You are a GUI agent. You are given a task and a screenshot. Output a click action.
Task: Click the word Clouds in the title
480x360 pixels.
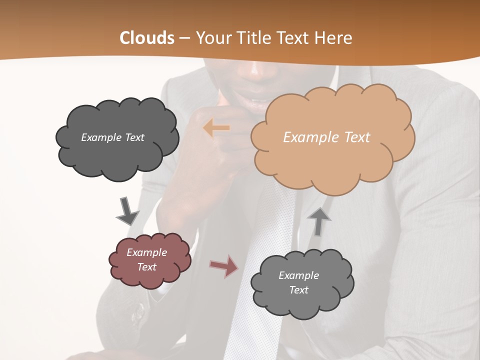pos(147,38)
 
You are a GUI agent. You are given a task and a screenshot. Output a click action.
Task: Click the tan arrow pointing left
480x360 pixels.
pos(216,128)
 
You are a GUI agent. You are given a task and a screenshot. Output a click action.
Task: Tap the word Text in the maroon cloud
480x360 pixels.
pos(147,267)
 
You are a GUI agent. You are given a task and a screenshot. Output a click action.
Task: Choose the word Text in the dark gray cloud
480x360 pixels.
pos(134,137)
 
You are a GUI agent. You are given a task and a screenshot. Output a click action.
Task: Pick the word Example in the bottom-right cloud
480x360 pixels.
pos(298,275)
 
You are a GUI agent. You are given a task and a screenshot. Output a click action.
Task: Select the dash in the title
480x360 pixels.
pos(184,38)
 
